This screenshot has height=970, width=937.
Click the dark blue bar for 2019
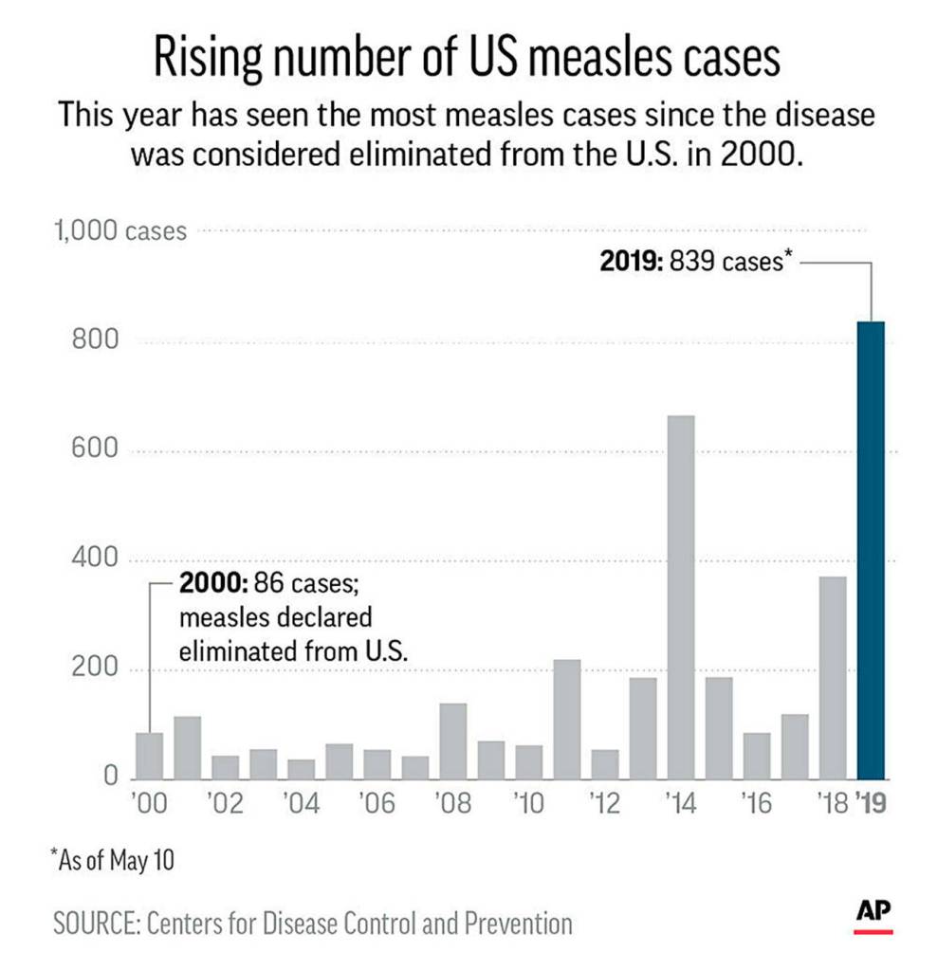tap(871, 550)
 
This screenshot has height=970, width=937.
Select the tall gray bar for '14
tap(681, 597)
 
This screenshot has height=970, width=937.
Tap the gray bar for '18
tap(833, 677)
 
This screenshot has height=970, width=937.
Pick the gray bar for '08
tap(453, 741)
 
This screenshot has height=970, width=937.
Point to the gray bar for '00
tap(150, 755)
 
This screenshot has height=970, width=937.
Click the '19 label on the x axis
tap(873, 805)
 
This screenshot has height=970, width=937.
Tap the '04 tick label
tap(302, 805)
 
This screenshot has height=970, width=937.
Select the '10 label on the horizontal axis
tap(528, 805)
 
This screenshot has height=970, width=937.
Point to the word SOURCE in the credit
tap(96, 922)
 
